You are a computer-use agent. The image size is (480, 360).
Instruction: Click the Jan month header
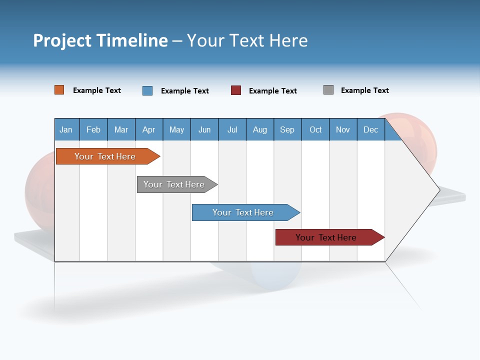pos(66,129)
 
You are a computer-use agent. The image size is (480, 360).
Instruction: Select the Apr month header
pos(149,129)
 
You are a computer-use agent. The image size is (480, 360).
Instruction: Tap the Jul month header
pos(232,129)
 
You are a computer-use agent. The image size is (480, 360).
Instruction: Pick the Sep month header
pos(287,129)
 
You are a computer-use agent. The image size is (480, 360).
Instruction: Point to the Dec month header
pos(371,129)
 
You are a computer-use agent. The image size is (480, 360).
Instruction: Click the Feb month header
pos(93,129)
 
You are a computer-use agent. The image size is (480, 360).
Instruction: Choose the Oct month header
pos(315,129)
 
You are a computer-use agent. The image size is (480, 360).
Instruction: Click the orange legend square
pos(59,90)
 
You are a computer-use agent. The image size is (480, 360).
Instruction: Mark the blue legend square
pos(147,90)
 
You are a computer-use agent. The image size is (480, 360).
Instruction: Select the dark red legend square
pos(236,90)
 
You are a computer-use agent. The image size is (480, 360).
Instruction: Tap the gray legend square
pos(328,90)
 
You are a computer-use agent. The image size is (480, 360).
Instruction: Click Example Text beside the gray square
pos(365,90)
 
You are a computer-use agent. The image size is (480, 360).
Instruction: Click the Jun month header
pos(204,129)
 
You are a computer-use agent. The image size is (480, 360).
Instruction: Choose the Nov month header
pos(343,129)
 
